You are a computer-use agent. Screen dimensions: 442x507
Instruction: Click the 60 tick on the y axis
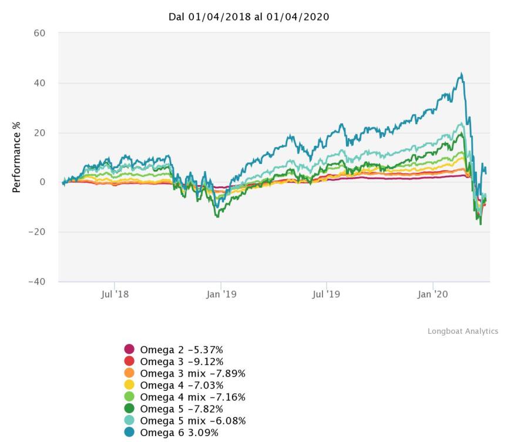39,33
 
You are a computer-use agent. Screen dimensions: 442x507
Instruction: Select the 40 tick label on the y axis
39,83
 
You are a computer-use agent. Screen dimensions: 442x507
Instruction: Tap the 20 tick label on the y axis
39,133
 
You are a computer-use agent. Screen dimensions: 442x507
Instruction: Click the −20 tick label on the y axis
37,232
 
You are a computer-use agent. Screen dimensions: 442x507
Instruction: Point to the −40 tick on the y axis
37,282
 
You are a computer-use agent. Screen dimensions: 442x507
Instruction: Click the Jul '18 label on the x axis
115,294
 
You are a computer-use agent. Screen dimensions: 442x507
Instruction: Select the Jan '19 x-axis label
221,294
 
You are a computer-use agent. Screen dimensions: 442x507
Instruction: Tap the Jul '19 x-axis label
327,294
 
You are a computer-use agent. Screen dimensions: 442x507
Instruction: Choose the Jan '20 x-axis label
433,294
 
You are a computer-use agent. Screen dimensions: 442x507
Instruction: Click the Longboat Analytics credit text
462,331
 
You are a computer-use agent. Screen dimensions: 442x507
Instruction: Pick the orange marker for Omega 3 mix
129,373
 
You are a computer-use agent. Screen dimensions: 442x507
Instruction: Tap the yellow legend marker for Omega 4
129,385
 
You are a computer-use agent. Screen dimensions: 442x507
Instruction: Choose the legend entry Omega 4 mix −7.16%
192,397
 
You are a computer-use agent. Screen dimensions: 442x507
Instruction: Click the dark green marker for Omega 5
129,409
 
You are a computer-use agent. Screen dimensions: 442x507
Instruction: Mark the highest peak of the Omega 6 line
462,73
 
